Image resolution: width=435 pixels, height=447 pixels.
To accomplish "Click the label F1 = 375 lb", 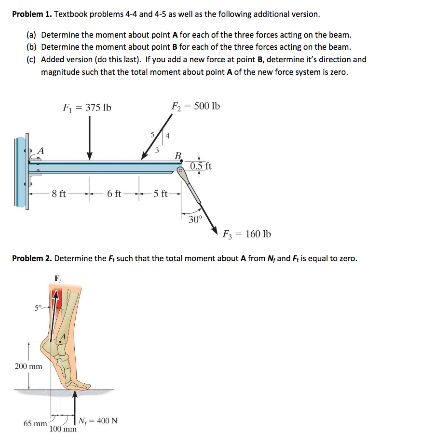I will (87, 107).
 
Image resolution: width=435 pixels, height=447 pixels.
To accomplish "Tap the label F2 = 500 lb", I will (196, 106).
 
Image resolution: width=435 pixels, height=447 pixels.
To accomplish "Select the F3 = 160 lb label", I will (247, 234).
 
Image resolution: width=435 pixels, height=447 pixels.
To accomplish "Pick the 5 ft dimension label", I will (160, 194).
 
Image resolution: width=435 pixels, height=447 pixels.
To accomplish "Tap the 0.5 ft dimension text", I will (201, 167).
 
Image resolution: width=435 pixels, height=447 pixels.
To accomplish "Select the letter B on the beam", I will (177, 156).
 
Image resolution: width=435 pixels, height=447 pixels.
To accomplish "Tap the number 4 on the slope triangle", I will (167, 136).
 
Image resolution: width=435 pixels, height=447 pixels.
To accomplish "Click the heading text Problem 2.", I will (32, 258).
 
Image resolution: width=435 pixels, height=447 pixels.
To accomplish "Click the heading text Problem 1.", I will (32, 14).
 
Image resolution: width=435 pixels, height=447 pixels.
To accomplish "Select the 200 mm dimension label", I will (28, 366).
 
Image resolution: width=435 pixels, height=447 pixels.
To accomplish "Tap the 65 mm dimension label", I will (35, 423).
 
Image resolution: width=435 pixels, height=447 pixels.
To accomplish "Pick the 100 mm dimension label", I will (63, 429).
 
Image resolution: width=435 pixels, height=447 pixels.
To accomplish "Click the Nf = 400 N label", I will (98, 420).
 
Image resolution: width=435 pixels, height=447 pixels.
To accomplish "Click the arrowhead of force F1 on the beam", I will (90, 157).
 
